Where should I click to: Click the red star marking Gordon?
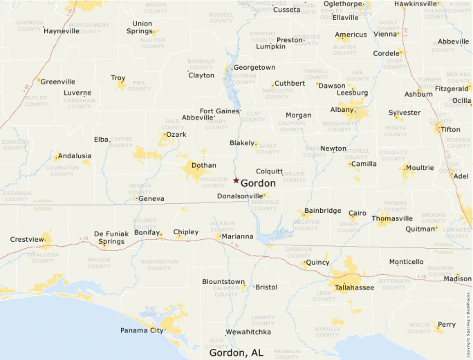click(236, 180)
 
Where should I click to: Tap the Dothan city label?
click(203, 166)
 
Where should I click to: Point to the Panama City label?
click(142, 330)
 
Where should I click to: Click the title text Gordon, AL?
click(236, 352)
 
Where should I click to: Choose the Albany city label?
click(342, 109)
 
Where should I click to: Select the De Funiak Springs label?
click(111, 238)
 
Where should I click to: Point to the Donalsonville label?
click(240, 196)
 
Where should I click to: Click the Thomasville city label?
click(392, 218)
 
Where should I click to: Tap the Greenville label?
click(57, 82)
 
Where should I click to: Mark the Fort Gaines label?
click(219, 111)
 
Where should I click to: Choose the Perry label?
click(447, 324)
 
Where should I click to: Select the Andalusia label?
click(75, 156)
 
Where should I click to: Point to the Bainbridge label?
click(323, 210)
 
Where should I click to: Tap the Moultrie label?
click(420, 168)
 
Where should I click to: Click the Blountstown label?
click(223, 282)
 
